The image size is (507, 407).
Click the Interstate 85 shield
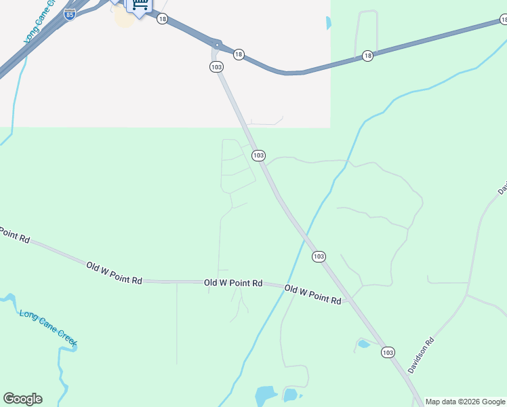pyautogui.click(x=70, y=14)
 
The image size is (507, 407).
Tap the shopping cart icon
pyautogui.click(x=139, y=5)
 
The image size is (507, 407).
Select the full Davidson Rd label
pyautogui.click(x=421, y=355)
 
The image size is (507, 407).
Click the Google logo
pyautogui.click(x=22, y=399)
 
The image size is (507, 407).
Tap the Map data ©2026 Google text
pyautogui.click(x=465, y=402)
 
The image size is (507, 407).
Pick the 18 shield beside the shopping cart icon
pyautogui.click(x=162, y=19)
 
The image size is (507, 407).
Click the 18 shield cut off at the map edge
pyautogui.click(x=503, y=21)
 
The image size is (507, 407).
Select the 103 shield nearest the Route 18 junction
pyautogui.click(x=216, y=66)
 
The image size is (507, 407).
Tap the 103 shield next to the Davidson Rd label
pyautogui.click(x=388, y=352)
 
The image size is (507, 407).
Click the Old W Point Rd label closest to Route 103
pyautogui.click(x=312, y=294)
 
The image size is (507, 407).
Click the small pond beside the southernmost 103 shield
pyautogui.click(x=364, y=344)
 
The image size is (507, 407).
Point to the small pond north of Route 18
pyautogui.click(x=329, y=23)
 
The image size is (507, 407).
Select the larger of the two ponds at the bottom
pyautogui.click(x=266, y=395)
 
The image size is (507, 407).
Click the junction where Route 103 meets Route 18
pyautogui.click(x=216, y=45)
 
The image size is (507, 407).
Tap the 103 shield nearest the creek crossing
pyautogui.click(x=319, y=256)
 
